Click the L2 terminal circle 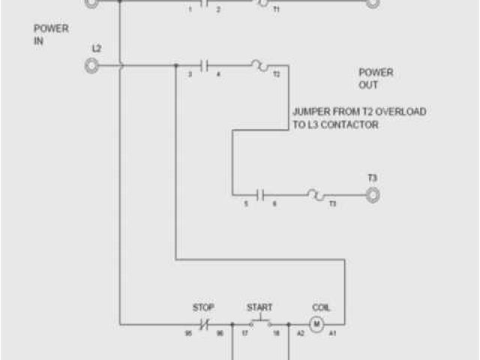click(x=91, y=66)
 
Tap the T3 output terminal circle click(x=373, y=195)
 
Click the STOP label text click(x=203, y=307)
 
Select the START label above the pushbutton click(x=259, y=307)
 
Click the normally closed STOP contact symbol click(x=203, y=325)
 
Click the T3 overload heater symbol click(x=315, y=195)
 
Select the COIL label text click(x=320, y=307)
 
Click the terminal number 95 click(x=190, y=332)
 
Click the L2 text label click(x=96, y=49)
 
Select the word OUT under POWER click(x=368, y=85)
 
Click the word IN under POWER click(x=39, y=42)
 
